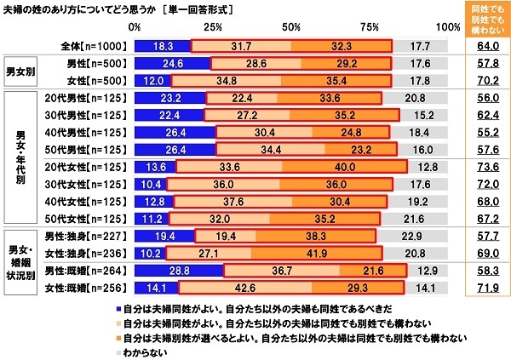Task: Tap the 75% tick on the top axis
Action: click(370, 28)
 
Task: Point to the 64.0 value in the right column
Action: click(483, 46)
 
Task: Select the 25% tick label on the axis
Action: click(212, 28)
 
